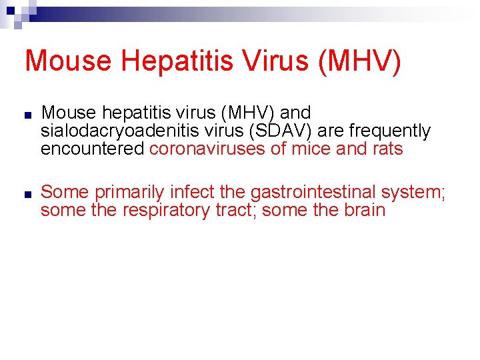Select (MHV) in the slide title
pos(361,61)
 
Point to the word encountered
pos(93,149)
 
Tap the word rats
pos(387,149)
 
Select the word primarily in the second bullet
pos(129,193)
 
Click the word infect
pos(191,193)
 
